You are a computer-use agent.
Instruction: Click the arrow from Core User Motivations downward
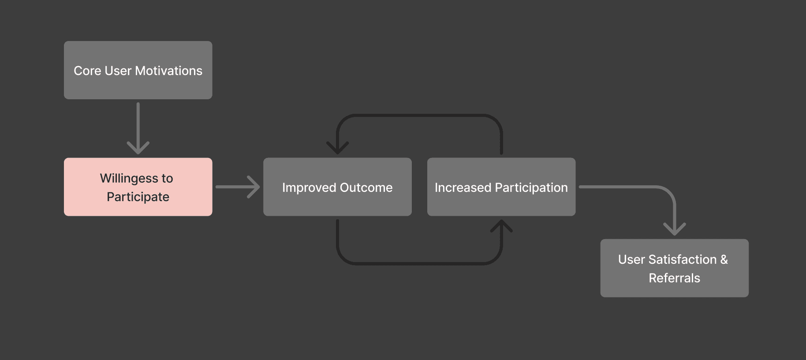138,128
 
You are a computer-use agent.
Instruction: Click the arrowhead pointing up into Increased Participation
501,226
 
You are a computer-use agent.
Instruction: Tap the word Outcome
366,187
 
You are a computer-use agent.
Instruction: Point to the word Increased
463,187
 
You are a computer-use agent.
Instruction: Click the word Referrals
674,278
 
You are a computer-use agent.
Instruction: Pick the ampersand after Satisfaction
724,259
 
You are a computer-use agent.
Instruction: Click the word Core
87,71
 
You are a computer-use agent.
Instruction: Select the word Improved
309,187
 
